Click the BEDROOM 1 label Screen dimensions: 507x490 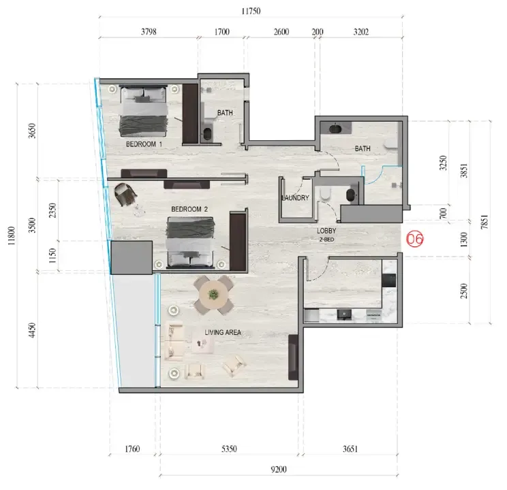point(144,144)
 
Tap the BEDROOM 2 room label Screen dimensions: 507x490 point(189,210)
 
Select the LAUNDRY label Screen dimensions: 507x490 point(296,197)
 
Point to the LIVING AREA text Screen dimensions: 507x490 point(223,332)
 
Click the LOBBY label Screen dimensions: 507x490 point(326,231)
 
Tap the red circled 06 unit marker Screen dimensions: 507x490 point(414,239)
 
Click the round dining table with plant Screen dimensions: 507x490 point(213,295)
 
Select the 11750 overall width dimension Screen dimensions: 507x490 point(251,12)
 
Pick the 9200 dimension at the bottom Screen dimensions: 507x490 point(279,470)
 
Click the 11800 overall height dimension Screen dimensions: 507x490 point(12,235)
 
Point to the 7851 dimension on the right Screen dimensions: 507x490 point(484,222)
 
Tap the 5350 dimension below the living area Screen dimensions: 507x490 point(229,449)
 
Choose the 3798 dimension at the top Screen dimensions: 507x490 point(149,32)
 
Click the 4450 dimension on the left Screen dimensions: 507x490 point(32,330)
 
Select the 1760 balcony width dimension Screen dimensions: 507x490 point(132,449)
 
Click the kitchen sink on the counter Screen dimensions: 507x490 point(344,314)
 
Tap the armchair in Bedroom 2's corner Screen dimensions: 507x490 point(126,194)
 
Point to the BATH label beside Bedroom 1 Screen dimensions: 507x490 point(225,113)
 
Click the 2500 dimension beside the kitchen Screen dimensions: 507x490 point(464,291)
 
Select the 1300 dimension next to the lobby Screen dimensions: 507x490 point(464,240)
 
